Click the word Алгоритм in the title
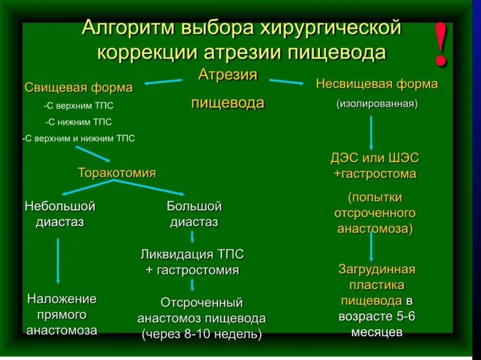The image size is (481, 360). [x=123, y=29]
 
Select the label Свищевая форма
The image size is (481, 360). [x=78, y=88]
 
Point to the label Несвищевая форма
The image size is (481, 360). [x=377, y=84]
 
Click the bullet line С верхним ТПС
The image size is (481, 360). [x=78, y=106]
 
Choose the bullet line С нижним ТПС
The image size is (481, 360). [x=78, y=122]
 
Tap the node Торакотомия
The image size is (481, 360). [x=116, y=173]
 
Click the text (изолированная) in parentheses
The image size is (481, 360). [x=377, y=103]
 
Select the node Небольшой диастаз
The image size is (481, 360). [x=60, y=214]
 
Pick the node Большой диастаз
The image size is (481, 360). [x=194, y=214]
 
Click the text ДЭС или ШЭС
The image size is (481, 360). [x=374, y=158]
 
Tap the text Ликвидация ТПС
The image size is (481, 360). [x=192, y=255]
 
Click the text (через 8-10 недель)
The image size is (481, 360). [x=202, y=334]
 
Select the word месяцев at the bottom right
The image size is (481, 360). [x=376, y=332]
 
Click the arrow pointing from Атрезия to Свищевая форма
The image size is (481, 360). [x=163, y=82]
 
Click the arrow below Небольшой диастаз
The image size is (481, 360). [x=58, y=260]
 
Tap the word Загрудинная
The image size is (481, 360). [x=377, y=269]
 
